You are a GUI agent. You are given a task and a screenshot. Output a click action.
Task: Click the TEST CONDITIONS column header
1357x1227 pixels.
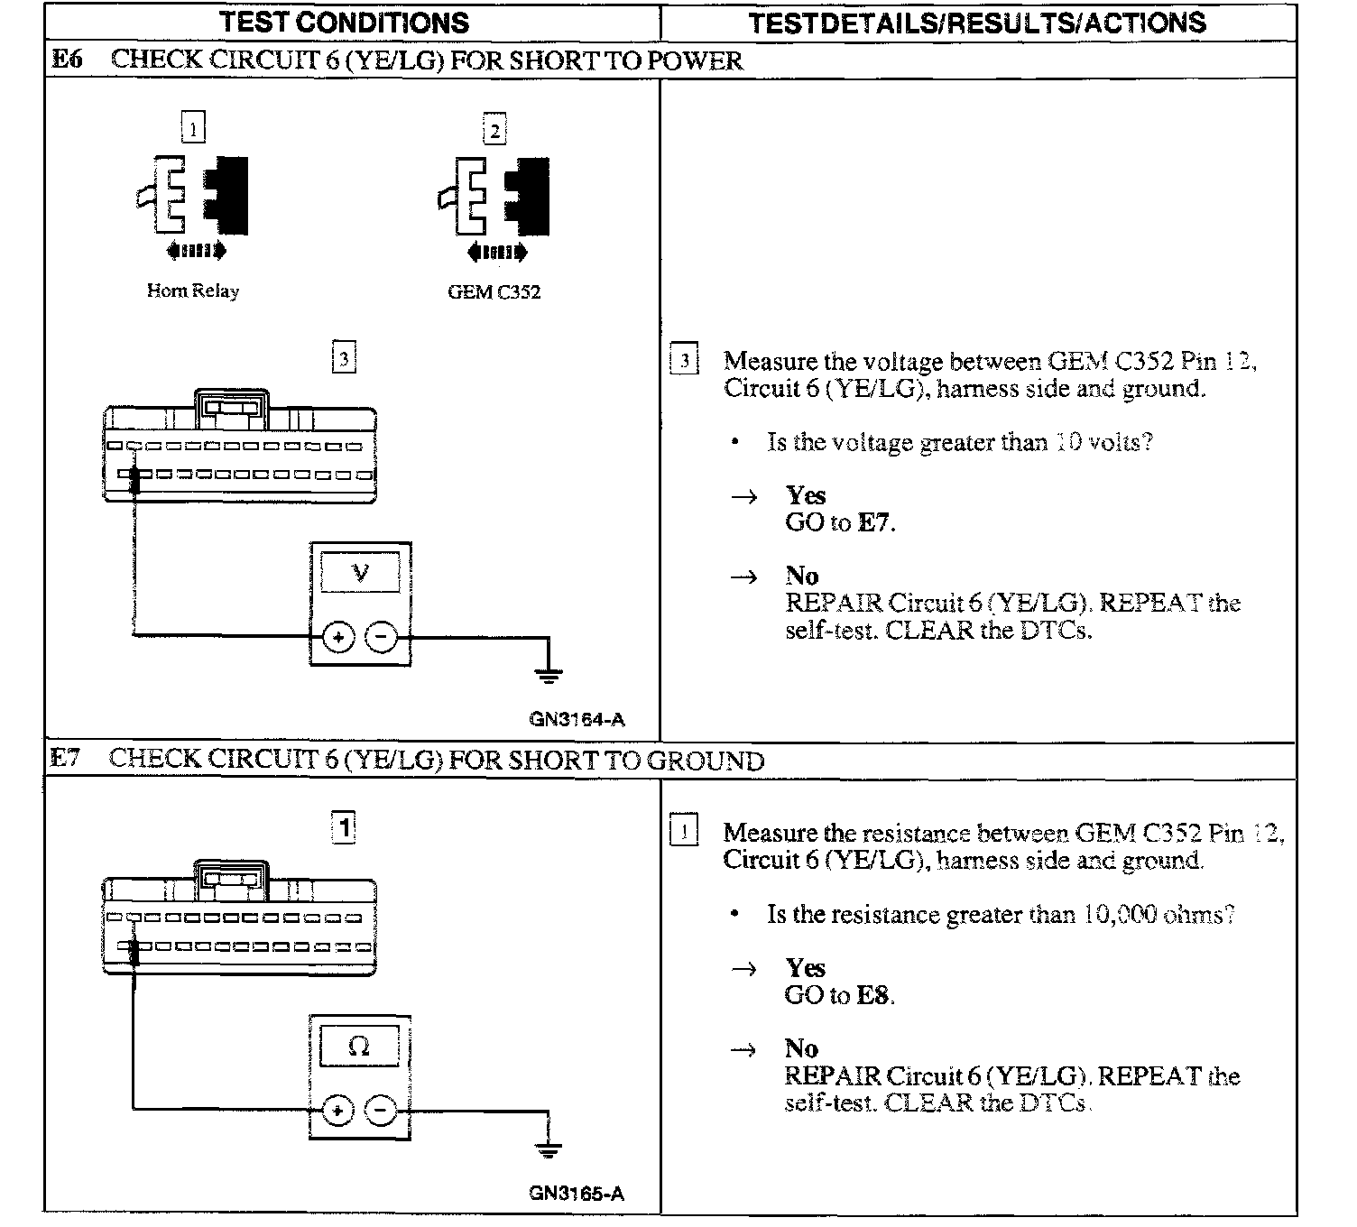(344, 23)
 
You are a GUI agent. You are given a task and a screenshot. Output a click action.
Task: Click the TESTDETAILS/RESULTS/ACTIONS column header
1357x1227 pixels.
(977, 23)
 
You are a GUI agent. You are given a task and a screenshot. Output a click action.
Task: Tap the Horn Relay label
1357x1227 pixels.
(192, 291)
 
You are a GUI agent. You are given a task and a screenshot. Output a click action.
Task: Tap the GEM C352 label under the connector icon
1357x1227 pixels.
(494, 292)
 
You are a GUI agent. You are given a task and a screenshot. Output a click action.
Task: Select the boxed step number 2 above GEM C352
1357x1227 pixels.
(494, 130)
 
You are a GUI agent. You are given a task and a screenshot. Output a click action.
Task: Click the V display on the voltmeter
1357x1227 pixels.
(360, 573)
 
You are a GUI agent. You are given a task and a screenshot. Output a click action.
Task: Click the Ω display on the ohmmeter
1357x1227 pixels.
(359, 1047)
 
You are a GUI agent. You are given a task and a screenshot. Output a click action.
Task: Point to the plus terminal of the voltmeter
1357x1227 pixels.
(338, 638)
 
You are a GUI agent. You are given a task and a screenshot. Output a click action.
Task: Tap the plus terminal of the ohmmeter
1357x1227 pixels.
(337, 1111)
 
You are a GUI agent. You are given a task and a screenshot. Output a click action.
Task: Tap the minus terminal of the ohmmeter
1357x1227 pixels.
(381, 1111)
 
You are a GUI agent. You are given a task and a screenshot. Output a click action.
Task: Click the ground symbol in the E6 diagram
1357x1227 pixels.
(548, 673)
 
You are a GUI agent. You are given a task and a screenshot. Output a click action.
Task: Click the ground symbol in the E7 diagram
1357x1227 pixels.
(548, 1149)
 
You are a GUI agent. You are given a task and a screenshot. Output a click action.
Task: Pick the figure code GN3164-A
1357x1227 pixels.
(577, 720)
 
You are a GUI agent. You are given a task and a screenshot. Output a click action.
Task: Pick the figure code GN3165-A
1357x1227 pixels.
(577, 1194)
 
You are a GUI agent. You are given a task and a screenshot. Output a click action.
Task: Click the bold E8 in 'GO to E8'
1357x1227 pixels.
(873, 996)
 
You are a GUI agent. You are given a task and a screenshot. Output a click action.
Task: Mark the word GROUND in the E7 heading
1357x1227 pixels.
(706, 761)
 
